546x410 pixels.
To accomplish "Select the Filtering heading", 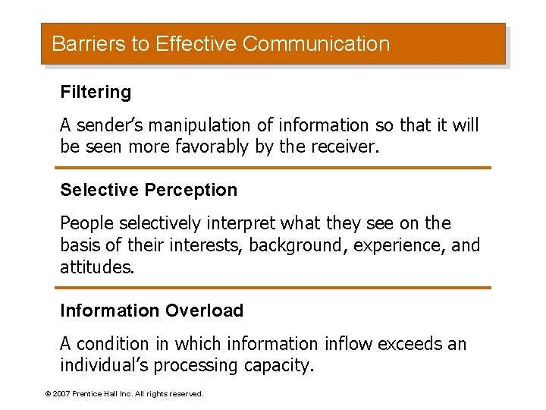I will coord(96,93).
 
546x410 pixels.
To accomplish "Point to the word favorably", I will coord(212,147).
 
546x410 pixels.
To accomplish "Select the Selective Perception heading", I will coord(149,190).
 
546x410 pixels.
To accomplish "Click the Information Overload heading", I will coord(152,311).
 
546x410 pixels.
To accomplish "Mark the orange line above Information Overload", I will coord(273,288).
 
